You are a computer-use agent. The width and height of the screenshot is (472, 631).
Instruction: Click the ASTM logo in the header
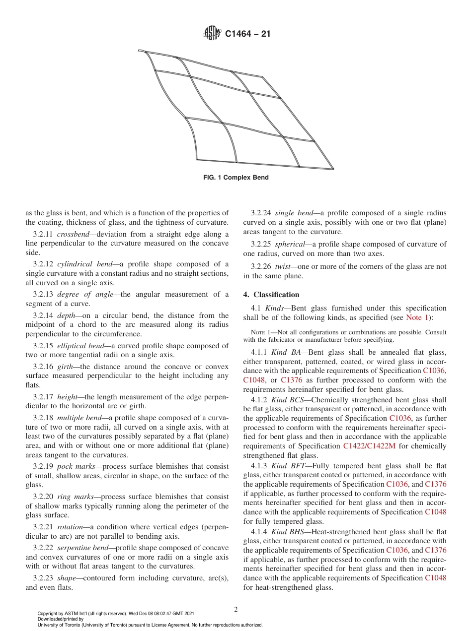click(x=212, y=34)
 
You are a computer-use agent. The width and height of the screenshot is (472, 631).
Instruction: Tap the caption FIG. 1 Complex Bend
click(x=236, y=178)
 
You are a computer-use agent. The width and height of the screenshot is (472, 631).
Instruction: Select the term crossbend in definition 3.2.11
click(x=73, y=234)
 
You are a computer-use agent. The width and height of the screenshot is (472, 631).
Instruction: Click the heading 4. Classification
click(x=271, y=295)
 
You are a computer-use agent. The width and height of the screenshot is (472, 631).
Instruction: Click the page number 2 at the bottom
click(x=236, y=609)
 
